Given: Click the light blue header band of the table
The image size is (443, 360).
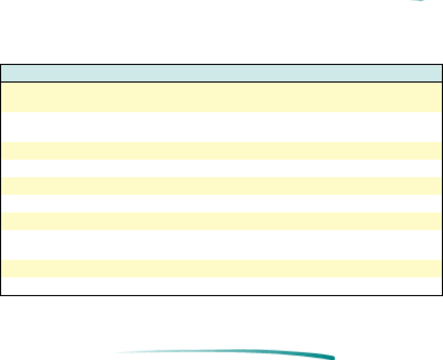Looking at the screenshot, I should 221,73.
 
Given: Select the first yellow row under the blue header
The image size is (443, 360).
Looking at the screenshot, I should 221,97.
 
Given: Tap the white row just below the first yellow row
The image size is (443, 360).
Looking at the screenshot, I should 221,127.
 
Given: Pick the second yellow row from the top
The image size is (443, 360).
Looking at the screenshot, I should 221,151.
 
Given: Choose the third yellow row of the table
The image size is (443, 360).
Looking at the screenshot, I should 221,186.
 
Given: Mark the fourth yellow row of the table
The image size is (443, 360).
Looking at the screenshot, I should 221,221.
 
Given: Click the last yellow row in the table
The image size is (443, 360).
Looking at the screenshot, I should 221,268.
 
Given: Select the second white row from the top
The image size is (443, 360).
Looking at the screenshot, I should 221,168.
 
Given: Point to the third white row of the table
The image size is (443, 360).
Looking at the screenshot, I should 221,203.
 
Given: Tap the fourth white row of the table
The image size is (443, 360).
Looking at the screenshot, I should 221,244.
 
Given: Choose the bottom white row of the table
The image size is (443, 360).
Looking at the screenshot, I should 221,286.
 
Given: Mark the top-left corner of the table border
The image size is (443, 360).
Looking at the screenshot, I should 1,65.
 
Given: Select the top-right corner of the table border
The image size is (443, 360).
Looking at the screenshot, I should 442,65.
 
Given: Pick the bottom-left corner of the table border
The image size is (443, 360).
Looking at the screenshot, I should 1,295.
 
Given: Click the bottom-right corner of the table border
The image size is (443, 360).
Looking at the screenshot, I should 442,295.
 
